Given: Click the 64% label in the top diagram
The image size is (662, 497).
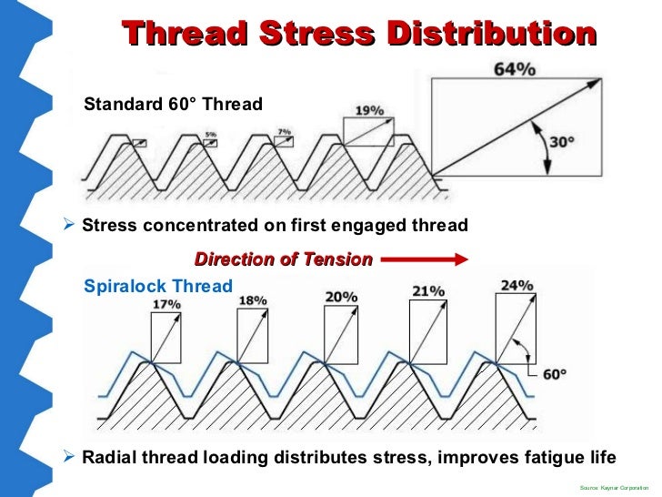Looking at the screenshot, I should pos(515,68).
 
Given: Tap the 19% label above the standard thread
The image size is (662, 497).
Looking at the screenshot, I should pos(368,110).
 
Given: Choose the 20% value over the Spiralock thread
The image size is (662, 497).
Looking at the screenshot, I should pos(342,297).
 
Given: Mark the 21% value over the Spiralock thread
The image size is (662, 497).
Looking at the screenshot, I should pos(426,291).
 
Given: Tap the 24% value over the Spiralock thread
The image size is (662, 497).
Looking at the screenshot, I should pos(517,286).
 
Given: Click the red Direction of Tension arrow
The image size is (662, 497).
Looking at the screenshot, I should pos(424,259).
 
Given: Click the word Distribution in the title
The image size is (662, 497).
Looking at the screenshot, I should pos(492,35).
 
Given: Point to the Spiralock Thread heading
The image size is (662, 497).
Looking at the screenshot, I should pos(157,285).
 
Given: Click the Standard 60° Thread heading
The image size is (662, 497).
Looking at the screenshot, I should pos(173,104).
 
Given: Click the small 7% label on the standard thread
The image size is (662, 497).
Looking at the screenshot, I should pos(285,132).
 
